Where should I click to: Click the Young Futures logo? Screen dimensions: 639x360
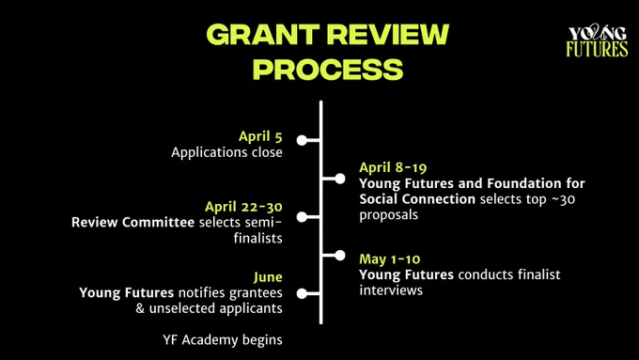[x=597, y=40]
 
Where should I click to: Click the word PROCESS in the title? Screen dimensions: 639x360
[x=328, y=69]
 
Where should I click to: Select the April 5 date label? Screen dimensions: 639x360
[x=260, y=136]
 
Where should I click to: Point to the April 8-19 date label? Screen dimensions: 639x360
[x=393, y=167]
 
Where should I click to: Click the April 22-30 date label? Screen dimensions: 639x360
[x=243, y=207]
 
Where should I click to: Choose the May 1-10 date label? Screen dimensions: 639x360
[x=390, y=258]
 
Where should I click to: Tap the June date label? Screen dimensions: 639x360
[x=268, y=277]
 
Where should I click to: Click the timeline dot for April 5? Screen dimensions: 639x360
[x=302, y=140]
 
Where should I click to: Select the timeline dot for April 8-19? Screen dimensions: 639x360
[x=340, y=179]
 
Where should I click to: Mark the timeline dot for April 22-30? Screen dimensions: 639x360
[x=302, y=217]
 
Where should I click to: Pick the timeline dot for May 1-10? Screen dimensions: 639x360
[x=340, y=256]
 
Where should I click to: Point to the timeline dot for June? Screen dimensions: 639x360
[x=302, y=293]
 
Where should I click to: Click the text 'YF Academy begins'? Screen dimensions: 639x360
[x=223, y=340]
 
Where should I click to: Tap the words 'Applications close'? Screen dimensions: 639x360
[x=226, y=152]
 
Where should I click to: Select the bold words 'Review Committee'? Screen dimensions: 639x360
[x=132, y=222]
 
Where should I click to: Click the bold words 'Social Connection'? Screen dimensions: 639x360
[x=417, y=199]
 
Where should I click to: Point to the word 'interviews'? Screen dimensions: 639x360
[x=391, y=290]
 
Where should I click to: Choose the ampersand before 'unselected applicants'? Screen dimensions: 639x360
[x=140, y=308]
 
